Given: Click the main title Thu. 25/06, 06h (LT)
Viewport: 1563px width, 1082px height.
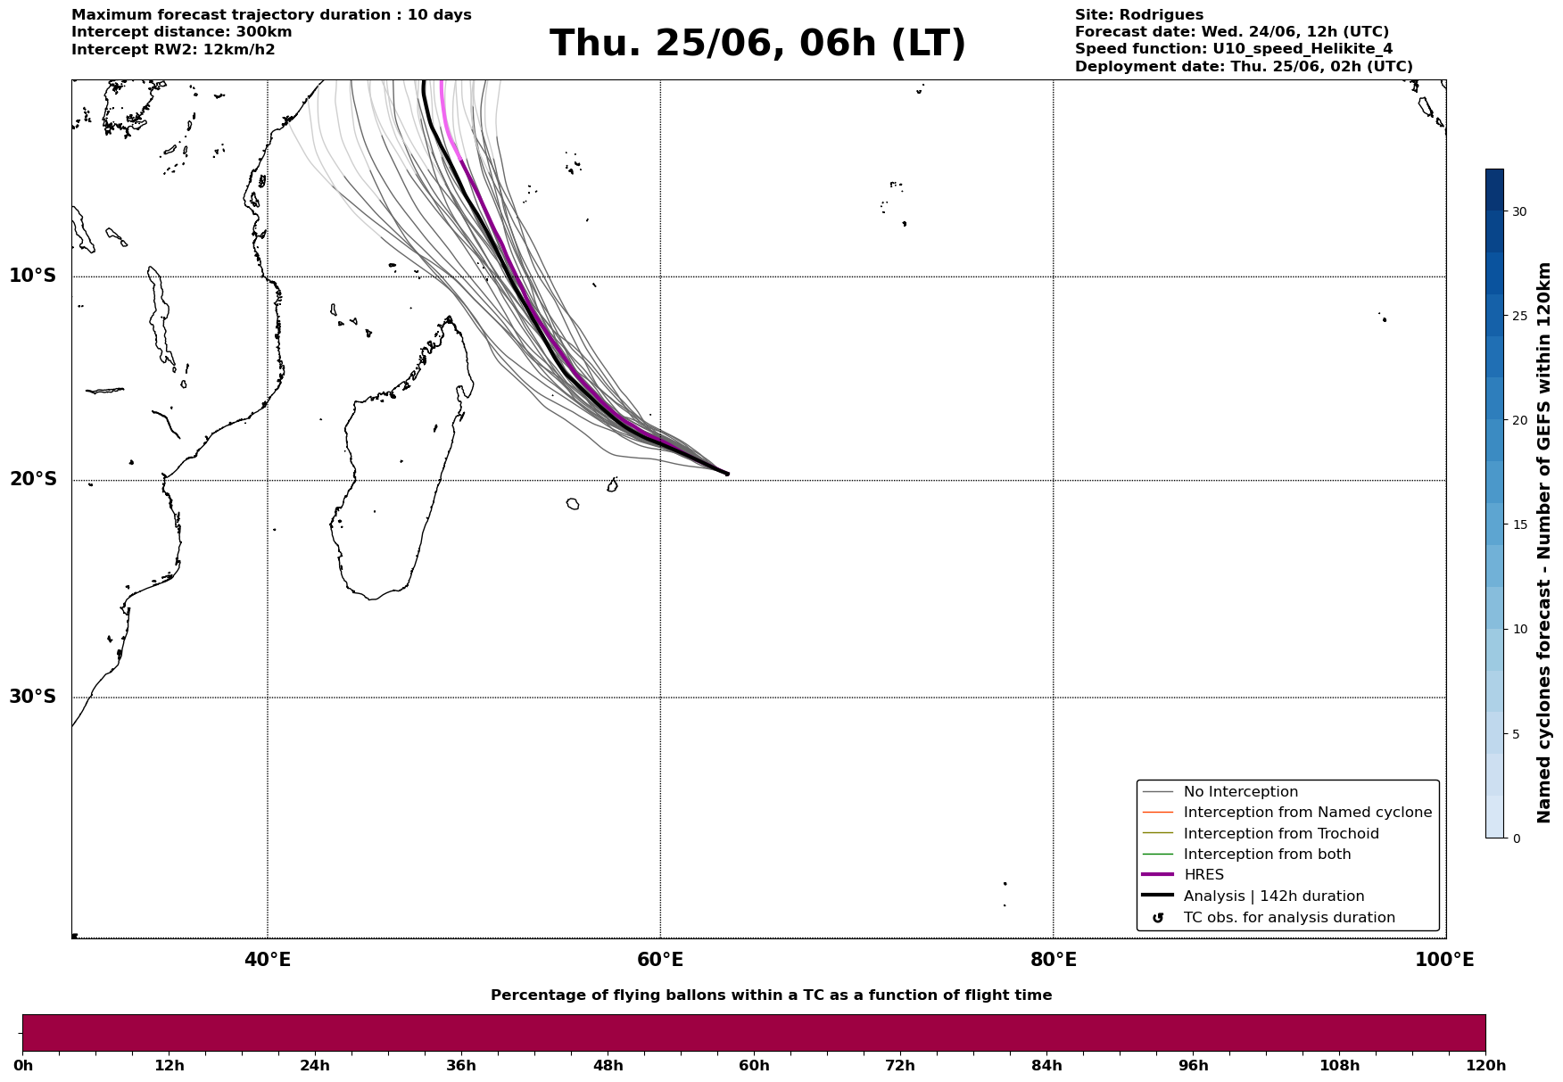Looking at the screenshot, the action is click(x=757, y=44).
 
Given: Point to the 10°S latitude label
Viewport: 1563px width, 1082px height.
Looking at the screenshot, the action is click(x=33, y=276).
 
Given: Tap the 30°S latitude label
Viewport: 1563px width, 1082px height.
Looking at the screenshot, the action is click(x=33, y=697).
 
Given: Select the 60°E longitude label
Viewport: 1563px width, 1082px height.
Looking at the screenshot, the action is click(x=660, y=960).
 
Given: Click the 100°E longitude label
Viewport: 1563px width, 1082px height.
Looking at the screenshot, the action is click(x=1444, y=960).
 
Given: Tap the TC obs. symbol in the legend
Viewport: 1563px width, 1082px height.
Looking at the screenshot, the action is click(x=1158, y=918).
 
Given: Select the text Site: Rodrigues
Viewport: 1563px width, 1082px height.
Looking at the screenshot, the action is click(x=1139, y=15).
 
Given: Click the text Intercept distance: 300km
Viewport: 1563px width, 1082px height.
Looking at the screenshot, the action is click(x=182, y=32).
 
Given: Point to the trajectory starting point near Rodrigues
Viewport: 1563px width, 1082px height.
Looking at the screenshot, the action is click(x=726, y=474).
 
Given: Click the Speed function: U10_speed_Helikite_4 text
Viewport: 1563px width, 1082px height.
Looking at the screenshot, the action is click(x=1234, y=49).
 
